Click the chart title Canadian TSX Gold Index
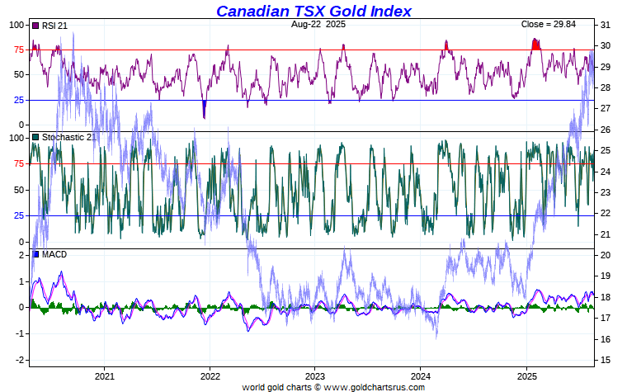coord(313,11)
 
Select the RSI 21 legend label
coord(54,26)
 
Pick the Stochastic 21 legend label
coord(68,137)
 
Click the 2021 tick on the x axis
coord(104,375)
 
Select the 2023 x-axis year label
coord(314,375)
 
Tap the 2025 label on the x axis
coord(526,375)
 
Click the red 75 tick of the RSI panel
coord(17,50)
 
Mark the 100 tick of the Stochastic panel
coord(15,138)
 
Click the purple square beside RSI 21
coord(35,26)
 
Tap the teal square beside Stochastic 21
coord(35,137)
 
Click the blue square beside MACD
coord(35,254)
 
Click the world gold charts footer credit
coord(333,386)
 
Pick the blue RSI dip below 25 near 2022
coord(204,107)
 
